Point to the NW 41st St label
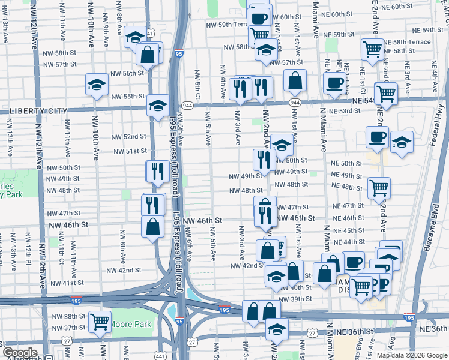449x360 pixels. pyautogui.click(x=67, y=283)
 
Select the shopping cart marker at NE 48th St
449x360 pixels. pyautogui.click(x=379, y=187)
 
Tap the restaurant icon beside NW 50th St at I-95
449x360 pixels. pyautogui.click(x=157, y=170)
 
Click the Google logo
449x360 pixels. pyautogui.click(x=19, y=353)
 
